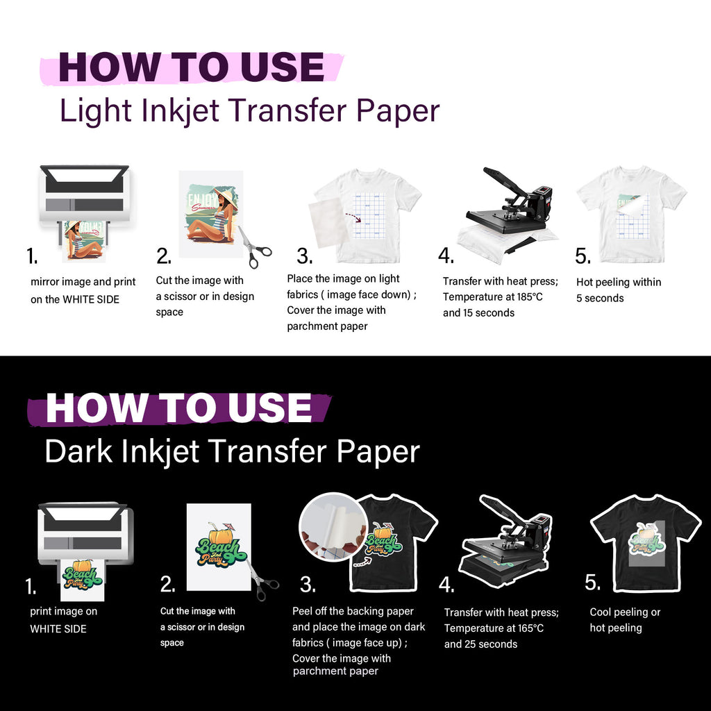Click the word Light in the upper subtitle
coord(86,112)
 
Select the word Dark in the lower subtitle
coord(72,451)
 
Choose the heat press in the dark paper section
coord(505,542)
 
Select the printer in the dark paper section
coord(85,535)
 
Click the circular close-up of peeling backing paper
coord(333,526)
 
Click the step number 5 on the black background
coord(592,583)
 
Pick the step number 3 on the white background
coord(304,256)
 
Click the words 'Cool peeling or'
coord(625,612)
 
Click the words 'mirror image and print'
coord(83,282)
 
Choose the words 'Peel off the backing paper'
coord(353,612)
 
